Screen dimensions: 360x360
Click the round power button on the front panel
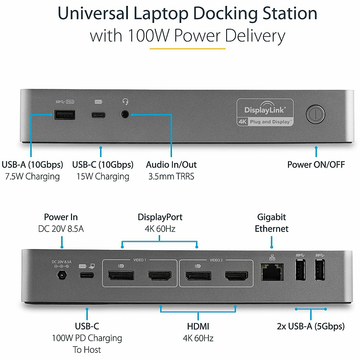tap(315, 114)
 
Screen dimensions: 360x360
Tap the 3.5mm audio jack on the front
tap(125, 114)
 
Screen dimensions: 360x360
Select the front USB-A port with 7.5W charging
tap(65, 115)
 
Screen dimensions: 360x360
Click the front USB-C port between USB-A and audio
tap(98, 115)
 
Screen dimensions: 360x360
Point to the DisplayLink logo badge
tap(265, 113)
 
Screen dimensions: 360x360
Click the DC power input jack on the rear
tap(62, 275)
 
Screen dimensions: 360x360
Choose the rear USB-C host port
tap(87, 275)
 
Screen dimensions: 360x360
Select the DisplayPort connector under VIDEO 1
tap(121, 276)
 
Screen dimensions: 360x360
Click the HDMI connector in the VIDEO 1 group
tap(159, 276)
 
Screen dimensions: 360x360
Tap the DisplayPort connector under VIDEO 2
tap(198, 276)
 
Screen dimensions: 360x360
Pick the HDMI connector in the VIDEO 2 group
tap(236, 276)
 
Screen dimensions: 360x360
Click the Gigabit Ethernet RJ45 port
tap(272, 272)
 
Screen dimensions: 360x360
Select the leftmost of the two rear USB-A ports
tap(300, 270)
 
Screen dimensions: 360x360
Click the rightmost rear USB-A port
tap(320, 270)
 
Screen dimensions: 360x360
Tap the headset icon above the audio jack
tap(125, 102)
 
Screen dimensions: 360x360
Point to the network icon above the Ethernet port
tap(272, 258)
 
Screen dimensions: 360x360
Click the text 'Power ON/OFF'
tap(316, 165)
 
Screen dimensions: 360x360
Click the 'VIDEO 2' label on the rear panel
tap(216, 260)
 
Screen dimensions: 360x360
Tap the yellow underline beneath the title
tap(188, 49)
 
